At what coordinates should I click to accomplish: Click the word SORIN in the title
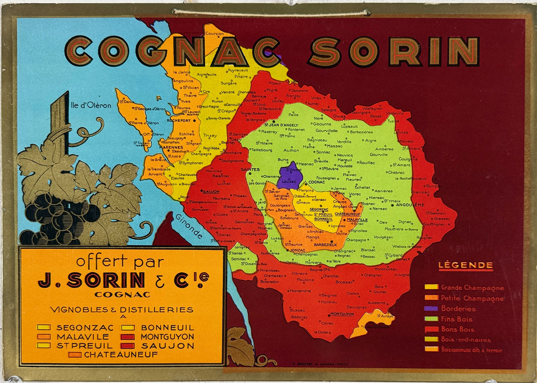(394, 51)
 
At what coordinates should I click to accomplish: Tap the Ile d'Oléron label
(91, 106)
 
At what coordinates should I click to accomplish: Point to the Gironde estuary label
(189, 227)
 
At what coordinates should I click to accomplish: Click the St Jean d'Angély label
(281, 125)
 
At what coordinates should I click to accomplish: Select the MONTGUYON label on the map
(342, 314)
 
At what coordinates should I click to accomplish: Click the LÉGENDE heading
(466, 265)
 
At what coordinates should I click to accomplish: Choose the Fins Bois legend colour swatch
(431, 319)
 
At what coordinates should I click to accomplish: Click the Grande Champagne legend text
(472, 288)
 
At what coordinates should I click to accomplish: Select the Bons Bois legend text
(457, 329)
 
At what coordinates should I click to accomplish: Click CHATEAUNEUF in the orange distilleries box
(121, 354)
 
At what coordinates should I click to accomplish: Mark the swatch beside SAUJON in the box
(128, 346)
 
